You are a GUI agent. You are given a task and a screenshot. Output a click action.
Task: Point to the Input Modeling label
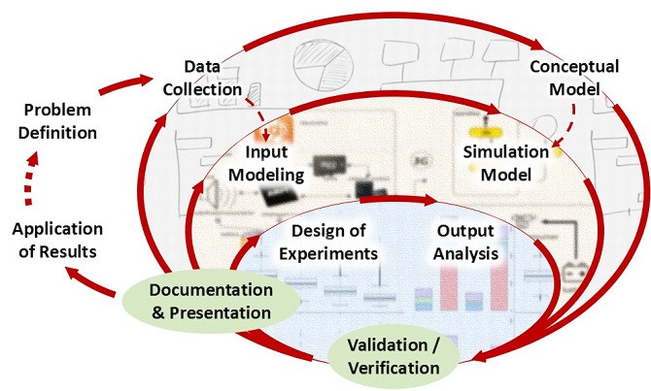coord(274,164)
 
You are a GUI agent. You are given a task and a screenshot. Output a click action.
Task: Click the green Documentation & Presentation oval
coord(210,301)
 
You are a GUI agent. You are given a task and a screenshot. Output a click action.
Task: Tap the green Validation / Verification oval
coord(394,357)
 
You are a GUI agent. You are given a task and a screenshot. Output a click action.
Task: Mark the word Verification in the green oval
coord(394,368)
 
